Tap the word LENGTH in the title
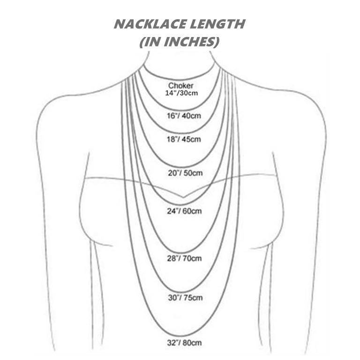pyautogui.click(x=220, y=24)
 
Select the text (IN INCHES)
pyautogui.click(x=180, y=42)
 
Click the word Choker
pyautogui.click(x=180, y=86)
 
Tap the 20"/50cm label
pyautogui.click(x=185, y=173)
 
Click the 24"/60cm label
pyautogui.click(x=185, y=211)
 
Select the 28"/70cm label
pyautogui.click(x=184, y=258)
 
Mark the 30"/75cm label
pyautogui.click(x=185, y=297)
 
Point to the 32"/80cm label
pyautogui.click(x=185, y=343)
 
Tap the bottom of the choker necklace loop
pyautogui.click(x=181, y=80)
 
